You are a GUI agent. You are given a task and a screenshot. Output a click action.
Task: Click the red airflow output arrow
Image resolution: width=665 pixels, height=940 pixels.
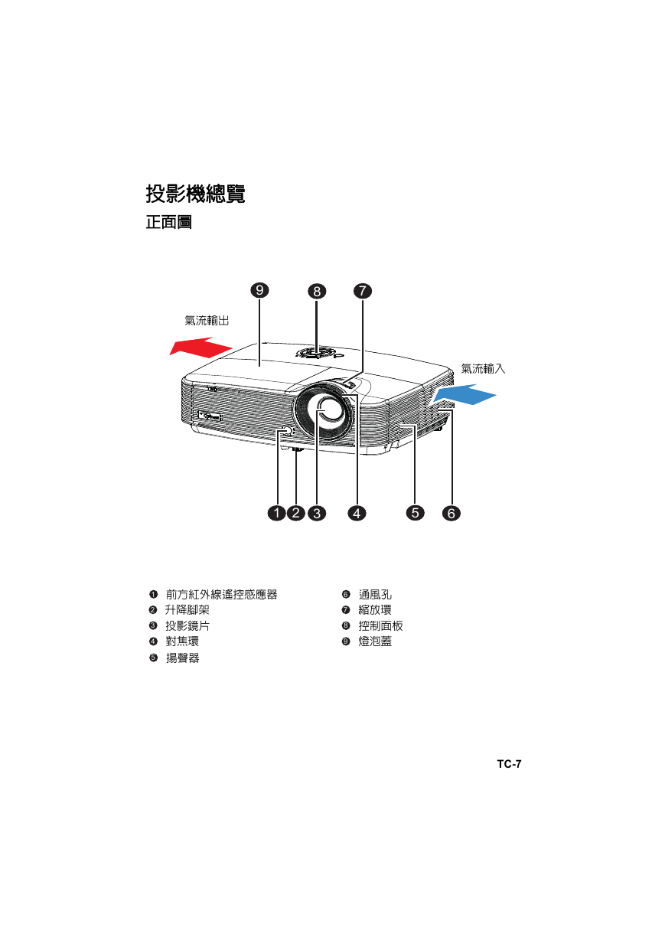(200, 347)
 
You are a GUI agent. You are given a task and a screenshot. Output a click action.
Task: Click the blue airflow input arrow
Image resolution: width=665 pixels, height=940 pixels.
(464, 394)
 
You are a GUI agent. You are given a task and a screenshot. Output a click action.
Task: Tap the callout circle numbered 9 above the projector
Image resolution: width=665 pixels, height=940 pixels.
(259, 290)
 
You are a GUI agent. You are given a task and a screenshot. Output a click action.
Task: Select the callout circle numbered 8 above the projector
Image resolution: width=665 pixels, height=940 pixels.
(317, 291)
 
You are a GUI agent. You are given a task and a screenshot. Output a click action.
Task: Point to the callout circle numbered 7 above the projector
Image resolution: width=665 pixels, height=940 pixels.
(363, 291)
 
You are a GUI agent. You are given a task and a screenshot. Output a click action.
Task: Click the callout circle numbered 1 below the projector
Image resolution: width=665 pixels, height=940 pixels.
(277, 513)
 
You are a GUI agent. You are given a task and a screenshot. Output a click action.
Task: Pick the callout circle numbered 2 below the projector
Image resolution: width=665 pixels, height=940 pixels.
(296, 513)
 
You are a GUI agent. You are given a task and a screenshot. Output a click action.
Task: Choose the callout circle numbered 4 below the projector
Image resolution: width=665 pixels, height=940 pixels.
(357, 513)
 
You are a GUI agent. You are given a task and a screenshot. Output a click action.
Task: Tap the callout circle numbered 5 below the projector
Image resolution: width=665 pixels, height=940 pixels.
(415, 512)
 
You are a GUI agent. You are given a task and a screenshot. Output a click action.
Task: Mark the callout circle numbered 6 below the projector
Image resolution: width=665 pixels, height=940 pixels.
(451, 513)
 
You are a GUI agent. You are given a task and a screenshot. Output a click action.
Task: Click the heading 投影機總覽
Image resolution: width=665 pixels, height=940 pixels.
(195, 194)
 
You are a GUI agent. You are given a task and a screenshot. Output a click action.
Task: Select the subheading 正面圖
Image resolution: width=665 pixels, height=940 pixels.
(168, 222)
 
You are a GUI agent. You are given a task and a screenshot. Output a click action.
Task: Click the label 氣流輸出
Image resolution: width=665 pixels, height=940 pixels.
(207, 321)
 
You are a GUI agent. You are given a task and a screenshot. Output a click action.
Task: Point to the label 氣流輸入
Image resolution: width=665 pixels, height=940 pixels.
(484, 369)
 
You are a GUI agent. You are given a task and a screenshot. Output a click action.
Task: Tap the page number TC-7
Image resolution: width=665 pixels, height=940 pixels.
(510, 764)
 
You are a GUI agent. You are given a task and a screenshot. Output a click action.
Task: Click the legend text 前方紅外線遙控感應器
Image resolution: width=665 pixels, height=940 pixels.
(221, 594)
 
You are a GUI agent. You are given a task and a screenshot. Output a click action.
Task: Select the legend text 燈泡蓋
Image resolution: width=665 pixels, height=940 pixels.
(375, 641)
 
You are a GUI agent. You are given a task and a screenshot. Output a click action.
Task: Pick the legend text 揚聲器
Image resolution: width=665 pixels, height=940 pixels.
(182, 658)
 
